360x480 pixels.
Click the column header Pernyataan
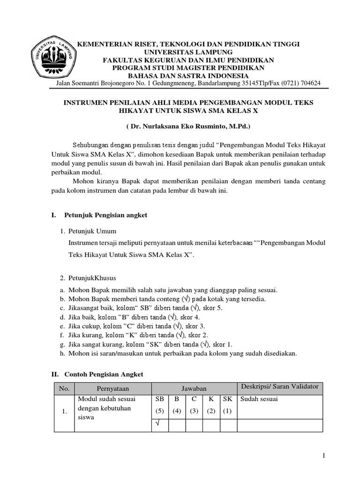click(x=112, y=388)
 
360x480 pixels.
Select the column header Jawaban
click(x=194, y=388)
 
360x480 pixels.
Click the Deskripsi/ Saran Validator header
click(x=279, y=386)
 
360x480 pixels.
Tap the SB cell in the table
click(x=159, y=399)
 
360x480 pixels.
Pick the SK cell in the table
click(x=228, y=399)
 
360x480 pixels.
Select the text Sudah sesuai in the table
click(x=259, y=399)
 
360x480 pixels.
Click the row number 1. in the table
click(x=65, y=412)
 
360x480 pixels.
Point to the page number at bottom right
click(x=323, y=455)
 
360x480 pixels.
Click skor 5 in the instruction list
click(x=215, y=307)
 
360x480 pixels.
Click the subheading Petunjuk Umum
click(x=92, y=231)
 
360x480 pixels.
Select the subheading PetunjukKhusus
click(x=92, y=278)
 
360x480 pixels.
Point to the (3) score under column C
click(x=194, y=412)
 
